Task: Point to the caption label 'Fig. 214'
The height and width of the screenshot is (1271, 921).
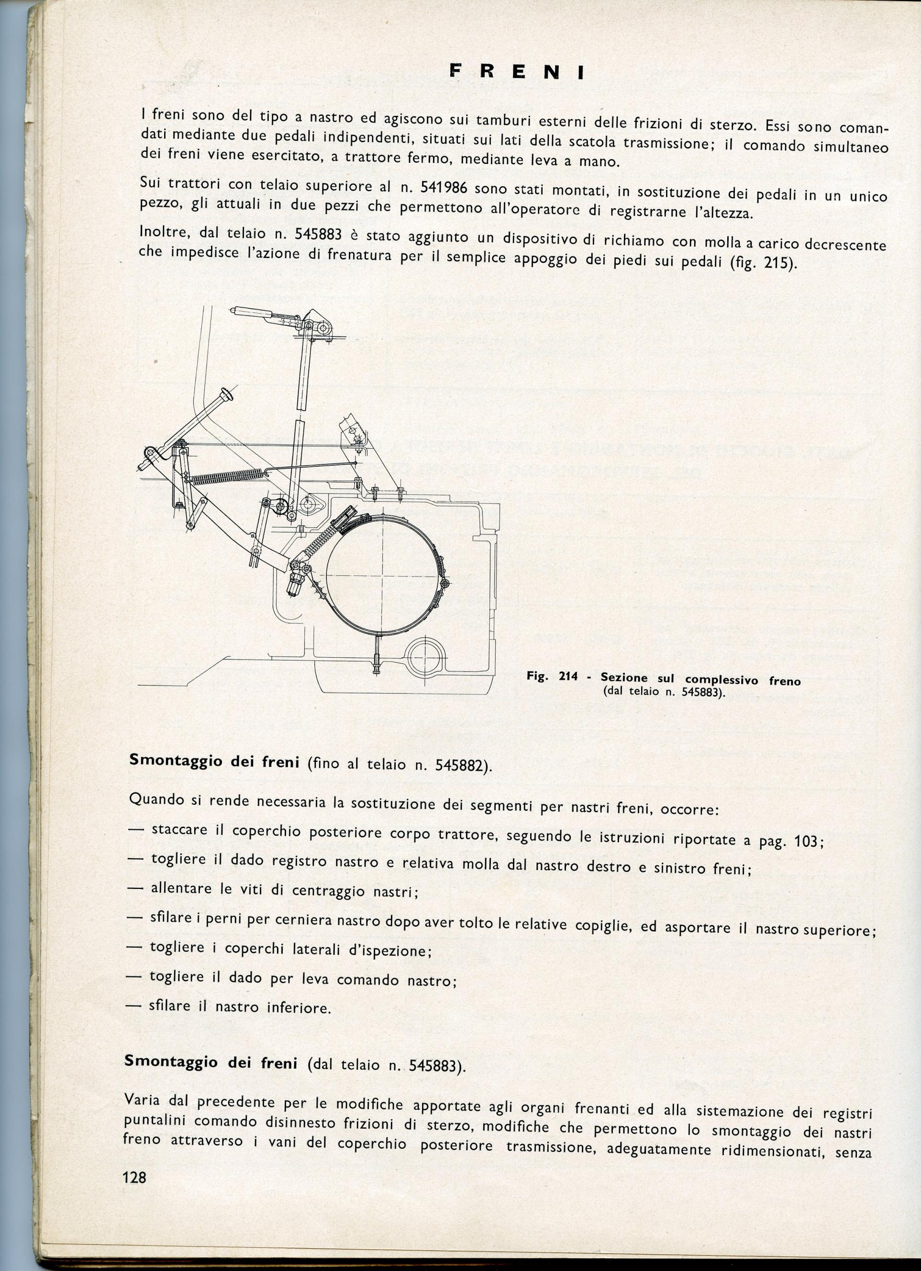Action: pos(552,676)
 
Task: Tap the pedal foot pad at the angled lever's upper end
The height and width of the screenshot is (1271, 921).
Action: pos(226,394)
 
